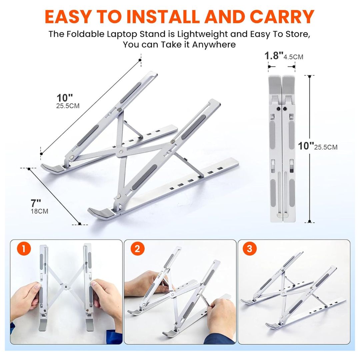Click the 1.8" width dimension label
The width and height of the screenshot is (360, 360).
pos(274,55)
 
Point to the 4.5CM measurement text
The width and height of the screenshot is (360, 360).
pos(293,57)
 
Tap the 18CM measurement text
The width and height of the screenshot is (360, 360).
pos(39,211)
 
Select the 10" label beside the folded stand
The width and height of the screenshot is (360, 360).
pos(306,146)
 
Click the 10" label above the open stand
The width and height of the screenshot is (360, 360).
pos(65,98)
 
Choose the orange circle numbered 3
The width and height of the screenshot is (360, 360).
pos(251,249)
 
